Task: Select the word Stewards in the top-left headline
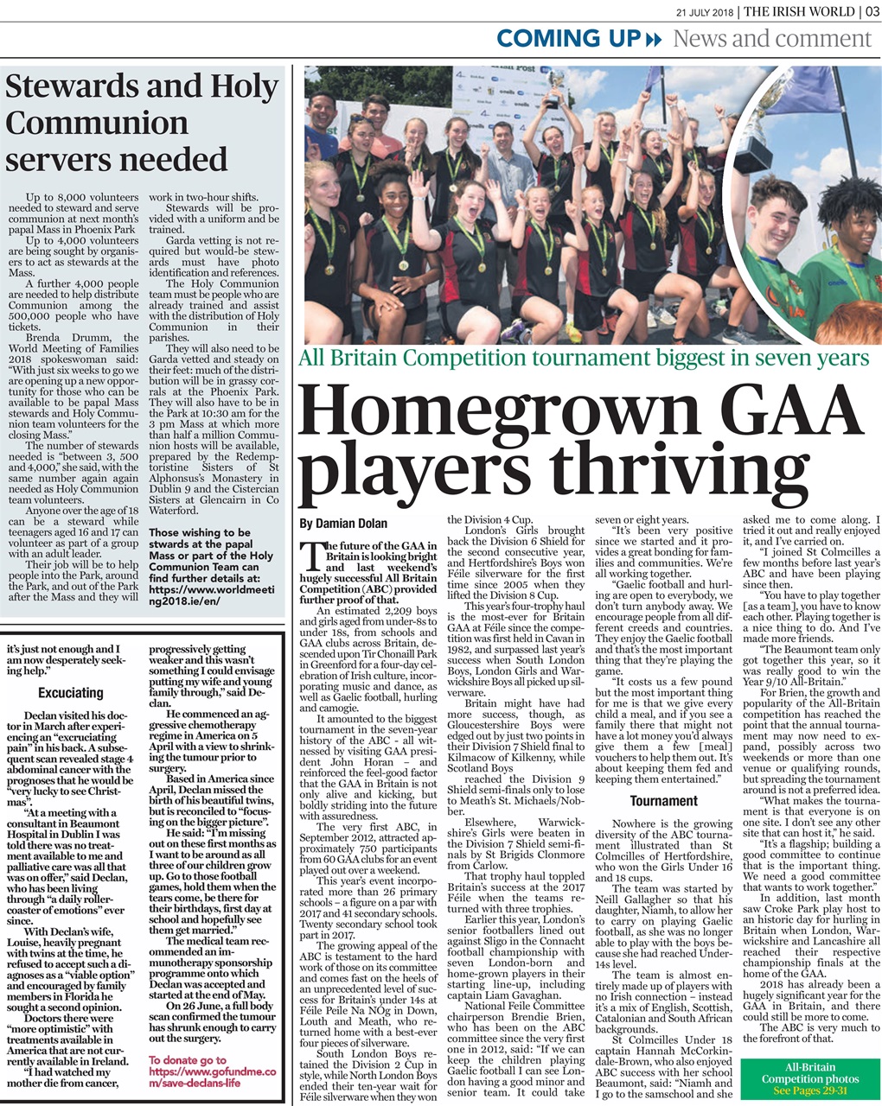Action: click(x=68, y=87)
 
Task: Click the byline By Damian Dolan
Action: click(x=343, y=524)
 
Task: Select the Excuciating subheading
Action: click(x=71, y=692)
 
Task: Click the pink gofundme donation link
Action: click(x=213, y=1071)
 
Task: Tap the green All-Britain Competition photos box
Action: click(x=810, y=1078)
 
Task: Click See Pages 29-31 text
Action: click(x=810, y=1091)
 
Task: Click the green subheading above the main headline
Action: click(x=584, y=357)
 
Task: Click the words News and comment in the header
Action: click(x=771, y=39)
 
